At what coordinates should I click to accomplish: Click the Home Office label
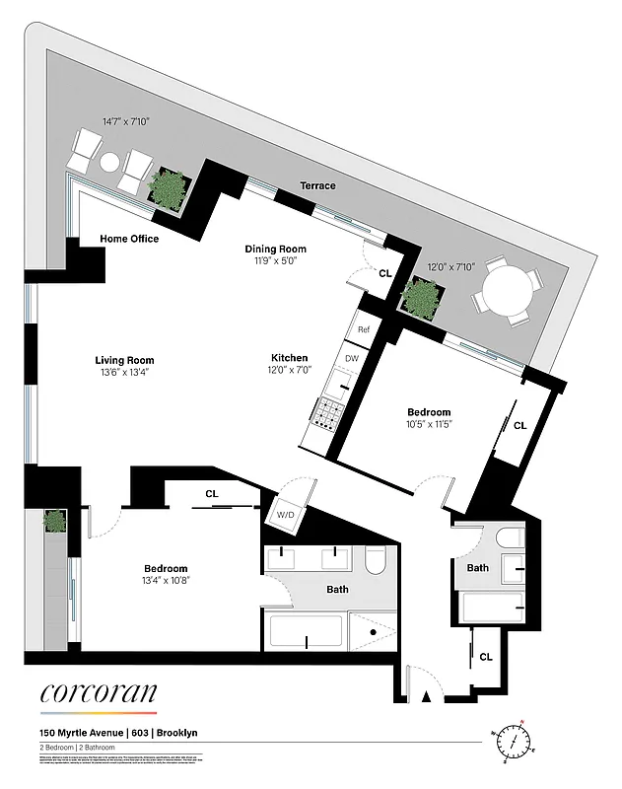129,239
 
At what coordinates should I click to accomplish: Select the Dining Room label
276,249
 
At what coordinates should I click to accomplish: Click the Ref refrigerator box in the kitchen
364,329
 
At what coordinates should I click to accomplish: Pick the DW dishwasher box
351,359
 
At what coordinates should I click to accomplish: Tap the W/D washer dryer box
287,514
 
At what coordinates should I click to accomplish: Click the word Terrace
318,185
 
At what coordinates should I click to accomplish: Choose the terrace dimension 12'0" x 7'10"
450,266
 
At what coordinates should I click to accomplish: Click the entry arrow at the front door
426,696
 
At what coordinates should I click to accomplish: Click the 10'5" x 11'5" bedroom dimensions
429,424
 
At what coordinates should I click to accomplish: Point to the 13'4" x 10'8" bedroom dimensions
166,580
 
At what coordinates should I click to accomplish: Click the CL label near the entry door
486,656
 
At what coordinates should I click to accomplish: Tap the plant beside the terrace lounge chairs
167,186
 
